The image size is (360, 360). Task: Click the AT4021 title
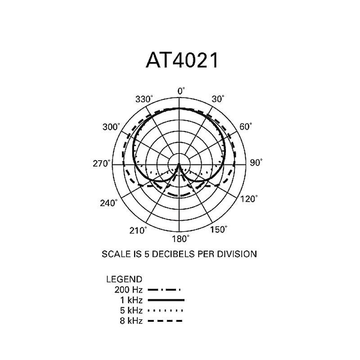(x=182, y=60)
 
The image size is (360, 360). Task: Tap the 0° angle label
(x=181, y=91)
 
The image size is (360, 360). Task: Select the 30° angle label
(x=218, y=99)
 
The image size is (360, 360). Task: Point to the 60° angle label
(x=246, y=127)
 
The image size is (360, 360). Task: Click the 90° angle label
(x=256, y=163)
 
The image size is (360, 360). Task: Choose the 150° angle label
(x=219, y=230)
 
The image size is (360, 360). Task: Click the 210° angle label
(x=139, y=230)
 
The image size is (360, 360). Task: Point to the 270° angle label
(x=102, y=163)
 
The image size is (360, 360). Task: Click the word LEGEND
(x=124, y=279)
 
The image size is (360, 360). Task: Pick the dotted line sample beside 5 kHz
(x=166, y=310)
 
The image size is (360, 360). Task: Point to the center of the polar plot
(x=179, y=165)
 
